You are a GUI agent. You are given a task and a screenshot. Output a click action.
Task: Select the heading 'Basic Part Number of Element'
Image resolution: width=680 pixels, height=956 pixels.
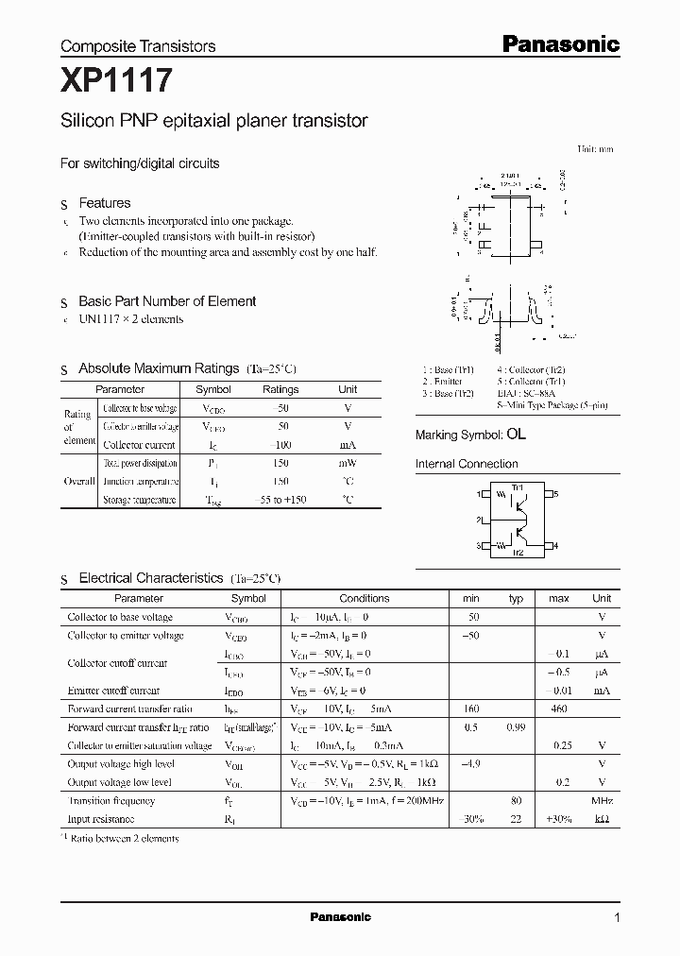coord(167,301)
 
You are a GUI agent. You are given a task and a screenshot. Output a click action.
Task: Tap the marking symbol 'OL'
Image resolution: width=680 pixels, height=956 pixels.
coord(516,435)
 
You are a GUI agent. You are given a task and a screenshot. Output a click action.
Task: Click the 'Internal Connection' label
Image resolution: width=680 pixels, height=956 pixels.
coord(467,464)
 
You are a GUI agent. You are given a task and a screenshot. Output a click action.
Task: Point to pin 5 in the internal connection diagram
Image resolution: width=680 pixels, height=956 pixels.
coord(556,494)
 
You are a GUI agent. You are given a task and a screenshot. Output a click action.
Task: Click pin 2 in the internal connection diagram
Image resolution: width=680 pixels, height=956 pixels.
coord(479,520)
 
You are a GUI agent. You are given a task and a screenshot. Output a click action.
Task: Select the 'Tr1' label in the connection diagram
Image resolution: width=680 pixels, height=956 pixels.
coord(518,487)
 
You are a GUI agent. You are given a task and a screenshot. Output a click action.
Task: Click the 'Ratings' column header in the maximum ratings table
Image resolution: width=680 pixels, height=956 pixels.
coord(280,389)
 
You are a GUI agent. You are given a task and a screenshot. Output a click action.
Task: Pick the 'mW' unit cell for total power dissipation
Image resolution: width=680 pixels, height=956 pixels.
coord(348,464)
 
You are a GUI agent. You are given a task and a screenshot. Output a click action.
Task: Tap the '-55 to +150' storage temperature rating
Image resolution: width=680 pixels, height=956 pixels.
coord(280,500)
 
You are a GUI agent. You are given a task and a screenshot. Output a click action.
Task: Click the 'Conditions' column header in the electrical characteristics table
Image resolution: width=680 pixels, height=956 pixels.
coord(364,598)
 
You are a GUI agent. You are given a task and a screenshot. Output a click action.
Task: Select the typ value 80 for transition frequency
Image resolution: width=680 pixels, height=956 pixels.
coord(517,800)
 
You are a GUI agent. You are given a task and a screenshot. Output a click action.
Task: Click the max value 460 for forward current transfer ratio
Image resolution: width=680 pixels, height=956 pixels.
coord(558,708)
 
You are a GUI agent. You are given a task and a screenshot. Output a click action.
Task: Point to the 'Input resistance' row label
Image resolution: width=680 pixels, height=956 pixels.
coord(101,819)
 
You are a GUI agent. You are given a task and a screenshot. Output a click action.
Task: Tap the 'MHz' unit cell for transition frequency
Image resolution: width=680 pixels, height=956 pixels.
coord(602,800)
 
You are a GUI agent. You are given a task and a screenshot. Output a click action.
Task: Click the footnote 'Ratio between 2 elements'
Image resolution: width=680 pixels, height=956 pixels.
coord(124,838)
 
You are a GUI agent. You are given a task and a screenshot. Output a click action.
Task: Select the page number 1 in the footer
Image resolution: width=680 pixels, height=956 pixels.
coord(617,917)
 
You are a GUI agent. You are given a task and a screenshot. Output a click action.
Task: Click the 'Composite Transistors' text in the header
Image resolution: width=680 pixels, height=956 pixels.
coord(138,45)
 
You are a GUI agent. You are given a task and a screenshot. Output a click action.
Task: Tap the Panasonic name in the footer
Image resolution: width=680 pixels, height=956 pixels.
coord(340,917)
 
